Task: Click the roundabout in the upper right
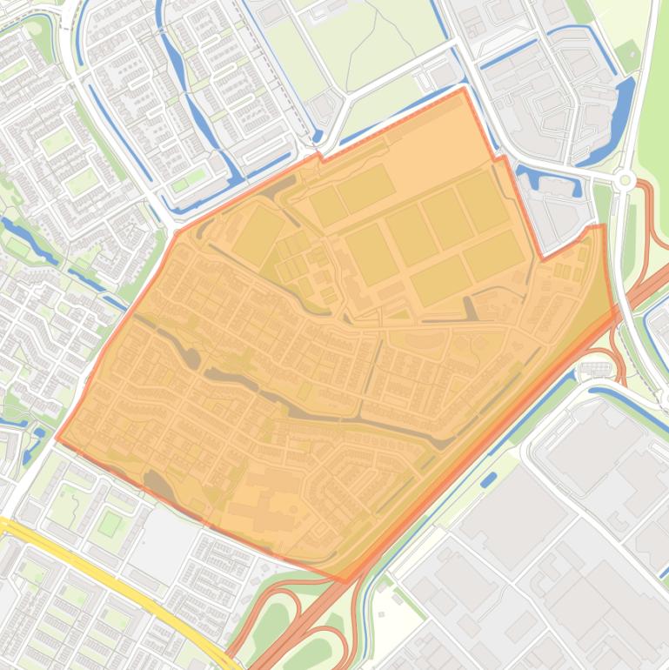click(x=624, y=180)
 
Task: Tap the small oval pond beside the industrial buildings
click(x=488, y=479)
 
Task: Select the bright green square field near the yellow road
click(x=109, y=524)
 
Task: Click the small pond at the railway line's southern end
click(x=318, y=137)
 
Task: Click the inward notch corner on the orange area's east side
click(x=543, y=258)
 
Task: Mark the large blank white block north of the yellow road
click(x=161, y=531)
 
